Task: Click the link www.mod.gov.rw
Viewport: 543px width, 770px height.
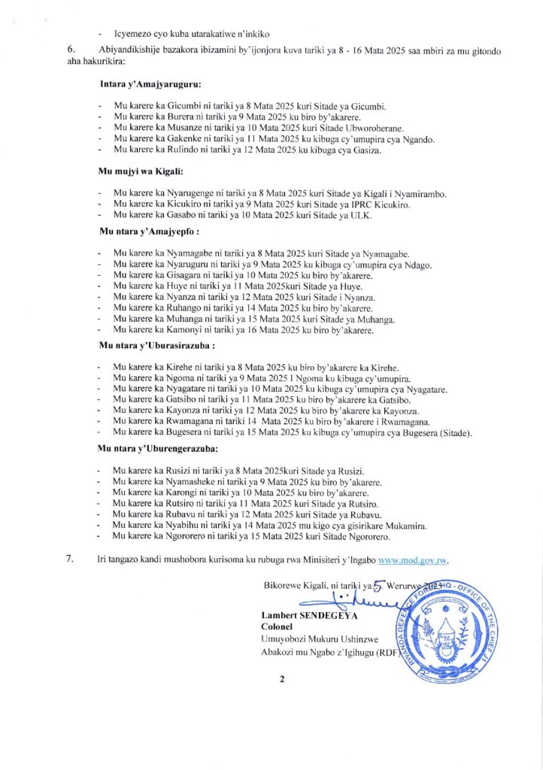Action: coord(417,560)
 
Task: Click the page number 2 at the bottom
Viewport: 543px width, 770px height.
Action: coord(283,680)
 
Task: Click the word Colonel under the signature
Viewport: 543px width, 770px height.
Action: coord(276,626)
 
